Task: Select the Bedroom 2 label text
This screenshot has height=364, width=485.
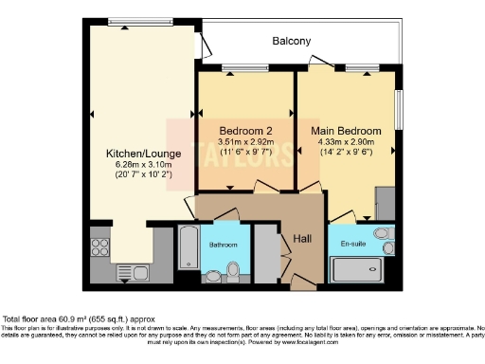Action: tap(244, 130)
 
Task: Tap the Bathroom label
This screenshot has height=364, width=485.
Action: tap(224, 245)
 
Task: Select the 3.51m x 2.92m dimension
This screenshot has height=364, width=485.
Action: tap(244, 141)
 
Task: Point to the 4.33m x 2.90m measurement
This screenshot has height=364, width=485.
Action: tap(347, 141)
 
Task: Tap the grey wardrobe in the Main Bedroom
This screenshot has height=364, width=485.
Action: tap(385, 202)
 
